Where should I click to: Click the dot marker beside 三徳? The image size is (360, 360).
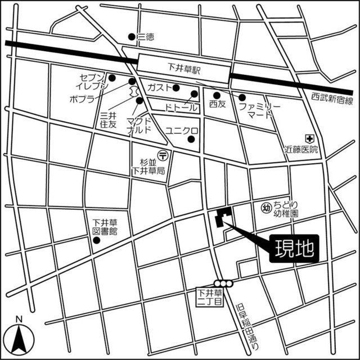coord(132,37)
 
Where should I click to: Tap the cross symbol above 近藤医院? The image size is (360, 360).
coord(309,137)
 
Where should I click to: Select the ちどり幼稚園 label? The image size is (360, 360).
coord(286,209)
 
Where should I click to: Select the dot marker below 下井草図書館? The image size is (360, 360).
coord(96,240)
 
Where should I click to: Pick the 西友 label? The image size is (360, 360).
coord(217,105)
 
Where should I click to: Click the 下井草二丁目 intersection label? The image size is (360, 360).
coord(210,297)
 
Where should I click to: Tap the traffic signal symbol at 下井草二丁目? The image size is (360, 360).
coord(223,283)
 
